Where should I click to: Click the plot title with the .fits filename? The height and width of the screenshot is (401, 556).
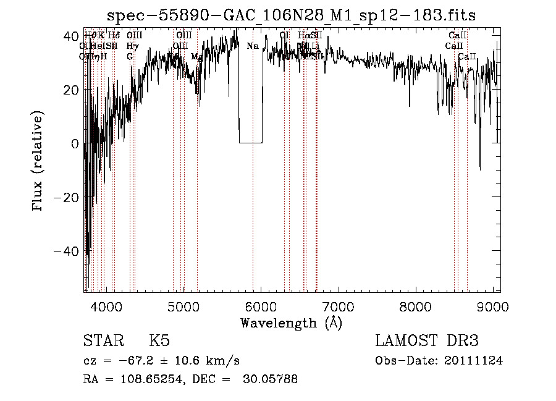pyautogui.click(x=291, y=15)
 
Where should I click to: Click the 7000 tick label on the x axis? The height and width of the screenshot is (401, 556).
pyautogui.click(x=339, y=306)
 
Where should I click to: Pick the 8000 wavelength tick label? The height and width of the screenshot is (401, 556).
pyautogui.click(x=416, y=306)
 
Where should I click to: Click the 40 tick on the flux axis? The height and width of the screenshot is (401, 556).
pyautogui.click(x=70, y=36)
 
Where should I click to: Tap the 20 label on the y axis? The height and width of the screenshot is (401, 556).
pyautogui.click(x=70, y=90)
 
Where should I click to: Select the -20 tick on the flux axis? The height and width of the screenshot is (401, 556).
pyautogui.click(x=66, y=197)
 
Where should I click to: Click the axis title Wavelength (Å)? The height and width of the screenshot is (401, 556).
pyautogui.click(x=291, y=323)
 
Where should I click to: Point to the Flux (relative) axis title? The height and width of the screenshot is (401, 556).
pyautogui.click(x=40, y=162)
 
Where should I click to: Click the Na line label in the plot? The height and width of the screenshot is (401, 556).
pyautogui.click(x=252, y=46)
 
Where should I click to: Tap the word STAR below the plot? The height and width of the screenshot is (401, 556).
pyautogui.click(x=102, y=341)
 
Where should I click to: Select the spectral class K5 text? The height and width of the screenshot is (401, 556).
pyautogui.click(x=159, y=341)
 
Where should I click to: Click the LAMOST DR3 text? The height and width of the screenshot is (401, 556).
pyautogui.click(x=427, y=341)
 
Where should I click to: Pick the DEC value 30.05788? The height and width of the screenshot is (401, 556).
pyautogui.click(x=268, y=379)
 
